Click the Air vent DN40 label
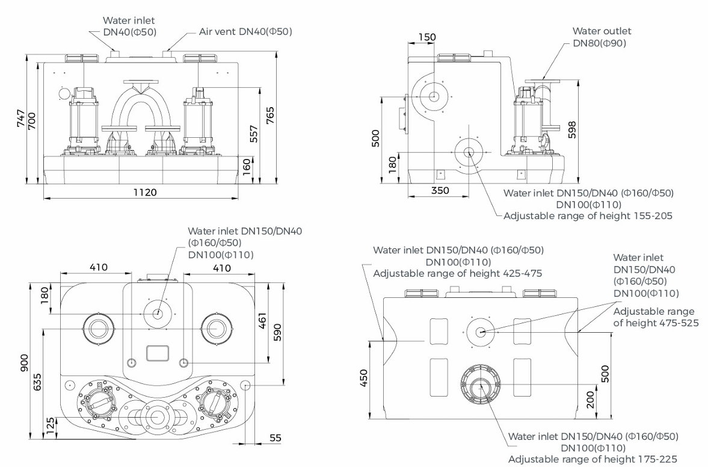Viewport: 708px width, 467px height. [x=245, y=31]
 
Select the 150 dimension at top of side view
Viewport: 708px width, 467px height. [x=426, y=37]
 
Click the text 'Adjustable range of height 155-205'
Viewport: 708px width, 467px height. [x=588, y=215]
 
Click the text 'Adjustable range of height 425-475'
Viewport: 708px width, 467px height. [x=458, y=273]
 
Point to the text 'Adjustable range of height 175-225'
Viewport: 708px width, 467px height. [x=593, y=459]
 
